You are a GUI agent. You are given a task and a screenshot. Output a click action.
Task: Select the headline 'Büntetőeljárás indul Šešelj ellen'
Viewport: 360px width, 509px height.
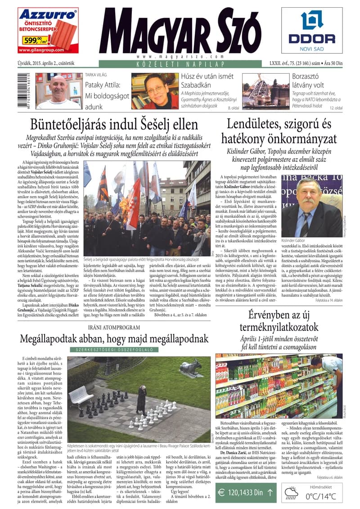114,124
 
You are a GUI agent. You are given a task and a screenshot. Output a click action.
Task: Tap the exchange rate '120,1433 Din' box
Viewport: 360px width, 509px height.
245,492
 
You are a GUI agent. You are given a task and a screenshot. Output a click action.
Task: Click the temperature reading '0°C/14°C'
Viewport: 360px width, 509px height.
320,496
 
